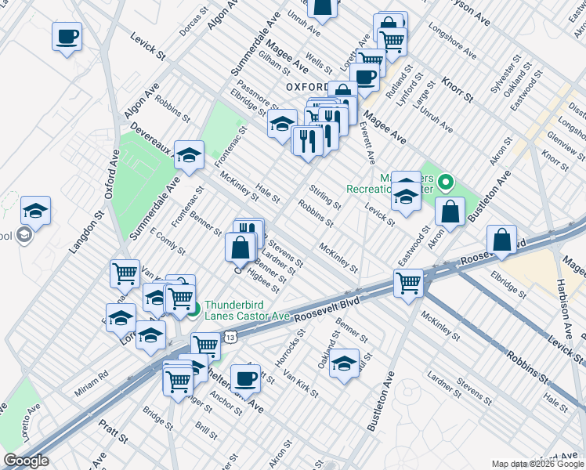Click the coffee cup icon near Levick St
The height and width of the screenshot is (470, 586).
click(x=67, y=36)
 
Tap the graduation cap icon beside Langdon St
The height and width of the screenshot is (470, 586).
click(x=35, y=211)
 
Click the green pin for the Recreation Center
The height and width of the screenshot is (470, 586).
click(x=446, y=184)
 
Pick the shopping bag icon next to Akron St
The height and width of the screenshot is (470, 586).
click(x=451, y=211)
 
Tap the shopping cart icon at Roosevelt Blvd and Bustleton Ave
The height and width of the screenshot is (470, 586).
click(x=408, y=283)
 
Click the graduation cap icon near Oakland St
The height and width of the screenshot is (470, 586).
click(x=344, y=363)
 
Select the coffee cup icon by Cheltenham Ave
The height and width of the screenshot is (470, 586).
click(x=245, y=378)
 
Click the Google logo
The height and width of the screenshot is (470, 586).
click(x=27, y=461)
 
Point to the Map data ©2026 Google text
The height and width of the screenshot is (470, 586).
click(x=537, y=464)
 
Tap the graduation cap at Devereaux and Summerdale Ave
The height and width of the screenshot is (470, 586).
click(x=189, y=155)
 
